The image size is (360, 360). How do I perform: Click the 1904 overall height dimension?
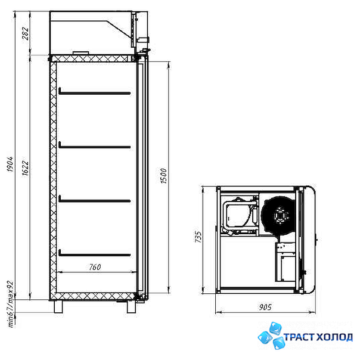tap(10, 165)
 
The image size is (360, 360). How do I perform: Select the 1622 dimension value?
tap(26, 167)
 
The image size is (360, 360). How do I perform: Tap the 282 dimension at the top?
tap(26, 33)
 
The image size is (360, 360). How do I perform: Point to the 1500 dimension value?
tap(163, 176)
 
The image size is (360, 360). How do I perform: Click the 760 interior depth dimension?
tap(95, 267)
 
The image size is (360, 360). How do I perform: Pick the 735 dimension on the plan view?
tap(198, 237)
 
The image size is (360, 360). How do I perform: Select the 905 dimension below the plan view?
tap(265, 307)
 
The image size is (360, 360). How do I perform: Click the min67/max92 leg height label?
tap(11, 304)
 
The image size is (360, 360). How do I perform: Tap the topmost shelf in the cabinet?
tap(95, 92)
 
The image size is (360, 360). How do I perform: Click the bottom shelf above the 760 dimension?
tap(95, 253)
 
